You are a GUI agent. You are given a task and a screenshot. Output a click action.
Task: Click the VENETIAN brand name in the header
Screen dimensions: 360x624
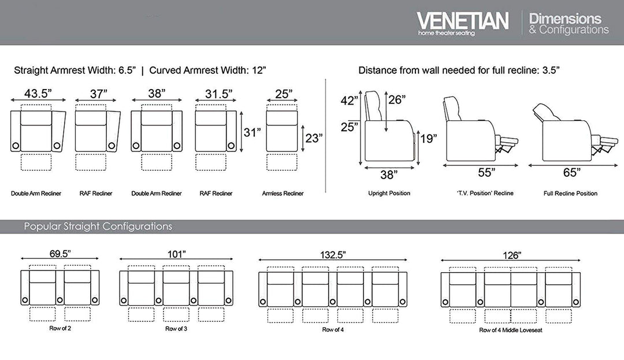462,21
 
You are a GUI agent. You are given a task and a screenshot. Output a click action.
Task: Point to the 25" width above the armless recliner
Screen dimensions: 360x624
283,92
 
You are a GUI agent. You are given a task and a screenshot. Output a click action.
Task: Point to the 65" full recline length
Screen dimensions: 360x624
570,172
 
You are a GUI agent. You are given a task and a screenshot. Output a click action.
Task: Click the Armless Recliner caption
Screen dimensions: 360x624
283,194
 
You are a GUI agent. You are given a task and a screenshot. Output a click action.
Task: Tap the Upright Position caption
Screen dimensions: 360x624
389,193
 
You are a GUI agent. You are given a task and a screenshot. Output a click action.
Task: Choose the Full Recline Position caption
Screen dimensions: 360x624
570,194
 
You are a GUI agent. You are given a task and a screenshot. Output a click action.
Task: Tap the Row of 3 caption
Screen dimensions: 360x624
176,329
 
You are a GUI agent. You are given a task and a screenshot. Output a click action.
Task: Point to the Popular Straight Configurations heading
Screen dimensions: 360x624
98,227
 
